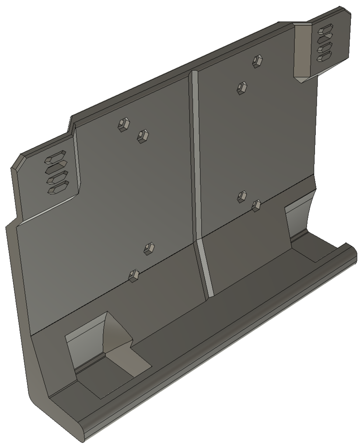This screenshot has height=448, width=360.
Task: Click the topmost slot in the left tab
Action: click(x=56, y=157)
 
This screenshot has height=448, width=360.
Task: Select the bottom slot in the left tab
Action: click(x=57, y=188)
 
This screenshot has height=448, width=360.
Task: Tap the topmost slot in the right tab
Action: click(x=326, y=30)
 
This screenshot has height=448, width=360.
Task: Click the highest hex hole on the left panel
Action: click(x=123, y=124)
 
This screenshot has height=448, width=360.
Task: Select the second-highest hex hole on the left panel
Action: click(x=142, y=136)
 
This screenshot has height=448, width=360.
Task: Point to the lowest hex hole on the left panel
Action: click(x=134, y=275)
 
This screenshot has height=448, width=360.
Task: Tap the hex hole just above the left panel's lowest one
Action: click(x=149, y=248)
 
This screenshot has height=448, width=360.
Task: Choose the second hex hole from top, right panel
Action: click(x=241, y=87)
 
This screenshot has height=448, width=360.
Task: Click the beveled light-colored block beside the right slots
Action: click(x=302, y=50)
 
